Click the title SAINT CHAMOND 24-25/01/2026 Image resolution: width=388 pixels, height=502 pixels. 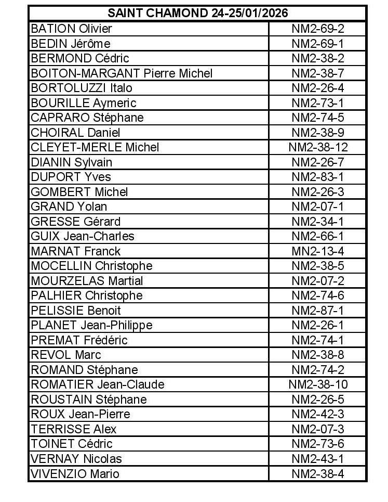198,14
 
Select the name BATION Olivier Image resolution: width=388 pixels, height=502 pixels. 71,29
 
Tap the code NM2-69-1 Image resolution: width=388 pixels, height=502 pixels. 318,43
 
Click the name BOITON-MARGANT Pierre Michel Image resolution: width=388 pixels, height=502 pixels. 122,73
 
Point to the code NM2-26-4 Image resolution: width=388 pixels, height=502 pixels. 318,88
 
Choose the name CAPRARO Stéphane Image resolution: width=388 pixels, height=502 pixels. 87,118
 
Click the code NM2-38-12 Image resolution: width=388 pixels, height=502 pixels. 318,147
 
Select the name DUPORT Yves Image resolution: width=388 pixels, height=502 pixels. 71,177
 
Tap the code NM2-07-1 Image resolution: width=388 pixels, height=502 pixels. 318,207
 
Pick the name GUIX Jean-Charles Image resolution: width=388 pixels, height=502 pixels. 83,236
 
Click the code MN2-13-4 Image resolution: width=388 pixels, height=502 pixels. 318,251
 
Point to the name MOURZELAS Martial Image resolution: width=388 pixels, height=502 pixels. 87,281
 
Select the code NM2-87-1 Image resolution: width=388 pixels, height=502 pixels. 318,311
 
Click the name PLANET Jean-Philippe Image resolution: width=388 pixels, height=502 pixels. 91,325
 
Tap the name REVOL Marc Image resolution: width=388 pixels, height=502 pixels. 66,355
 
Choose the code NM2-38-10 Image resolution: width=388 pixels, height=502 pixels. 318,384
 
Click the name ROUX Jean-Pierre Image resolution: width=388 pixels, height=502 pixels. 81,414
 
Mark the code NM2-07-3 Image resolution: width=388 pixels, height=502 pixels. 318,429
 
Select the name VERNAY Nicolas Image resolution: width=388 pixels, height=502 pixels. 76,459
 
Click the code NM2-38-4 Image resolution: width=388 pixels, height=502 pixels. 318,474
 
